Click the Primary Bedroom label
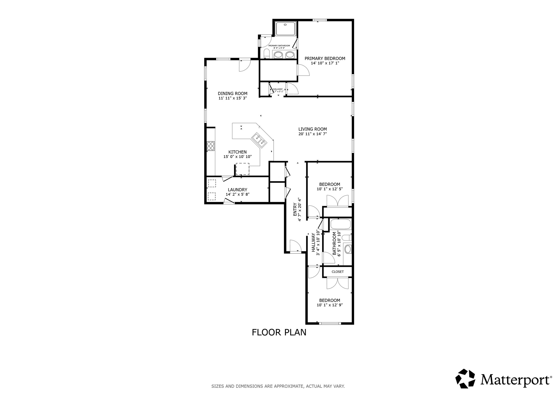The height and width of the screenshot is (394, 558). [x=325, y=58]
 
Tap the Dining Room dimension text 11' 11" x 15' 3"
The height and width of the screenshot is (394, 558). [x=232, y=98]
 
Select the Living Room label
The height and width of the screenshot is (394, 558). [x=312, y=129]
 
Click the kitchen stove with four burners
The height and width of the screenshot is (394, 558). [x=211, y=146]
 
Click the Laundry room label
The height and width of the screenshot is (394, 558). [x=237, y=190]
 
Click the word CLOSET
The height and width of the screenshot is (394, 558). [x=337, y=272]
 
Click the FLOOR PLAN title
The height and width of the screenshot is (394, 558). [x=279, y=332]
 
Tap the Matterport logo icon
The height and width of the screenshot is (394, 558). [x=465, y=378]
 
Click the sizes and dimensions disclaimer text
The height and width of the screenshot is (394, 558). [x=278, y=386]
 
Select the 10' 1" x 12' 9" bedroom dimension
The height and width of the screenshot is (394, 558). [x=330, y=305]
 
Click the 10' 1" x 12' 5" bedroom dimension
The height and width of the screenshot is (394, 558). [x=330, y=189]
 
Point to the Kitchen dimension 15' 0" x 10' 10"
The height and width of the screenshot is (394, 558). [x=237, y=157]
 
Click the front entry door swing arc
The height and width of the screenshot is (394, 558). [x=295, y=246]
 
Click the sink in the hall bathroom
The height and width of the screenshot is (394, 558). [x=348, y=249]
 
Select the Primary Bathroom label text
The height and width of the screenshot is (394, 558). [x=279, y=46]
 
